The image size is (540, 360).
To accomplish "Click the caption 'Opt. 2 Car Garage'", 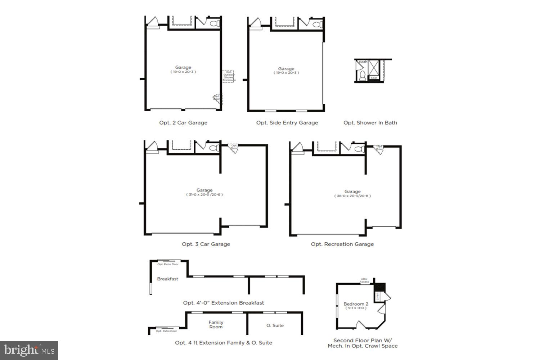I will [183, 122].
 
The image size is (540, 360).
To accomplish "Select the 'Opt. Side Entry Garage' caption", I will [287, 122].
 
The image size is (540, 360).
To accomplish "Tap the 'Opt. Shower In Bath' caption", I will [370, 122].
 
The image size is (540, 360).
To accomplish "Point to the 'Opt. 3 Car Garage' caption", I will [206, 244].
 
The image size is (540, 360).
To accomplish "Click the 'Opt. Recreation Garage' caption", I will [342, 244].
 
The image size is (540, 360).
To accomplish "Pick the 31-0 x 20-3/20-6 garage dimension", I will [204, 195].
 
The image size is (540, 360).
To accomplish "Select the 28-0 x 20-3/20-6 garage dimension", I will [352, 196].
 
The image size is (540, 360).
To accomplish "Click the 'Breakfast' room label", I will [167, 279].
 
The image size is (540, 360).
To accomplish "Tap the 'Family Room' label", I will [216, 325].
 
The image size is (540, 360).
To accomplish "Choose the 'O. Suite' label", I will [275, 325].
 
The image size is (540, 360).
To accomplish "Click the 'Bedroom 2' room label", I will [356, 304].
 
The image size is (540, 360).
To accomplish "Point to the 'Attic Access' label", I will [364, 280].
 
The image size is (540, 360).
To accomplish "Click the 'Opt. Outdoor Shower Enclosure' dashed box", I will [228, 76].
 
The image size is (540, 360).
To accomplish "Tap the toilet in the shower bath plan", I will [363, 76].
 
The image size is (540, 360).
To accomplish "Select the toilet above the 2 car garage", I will [214, 24].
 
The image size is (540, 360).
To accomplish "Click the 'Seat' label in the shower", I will [374, 78].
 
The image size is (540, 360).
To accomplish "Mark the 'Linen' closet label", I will [377, 296].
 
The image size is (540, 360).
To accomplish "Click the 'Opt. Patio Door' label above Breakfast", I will [168, 264].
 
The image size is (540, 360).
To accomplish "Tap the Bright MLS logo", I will [30, 350].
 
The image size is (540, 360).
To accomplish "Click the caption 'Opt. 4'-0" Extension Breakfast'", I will [224, 303].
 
